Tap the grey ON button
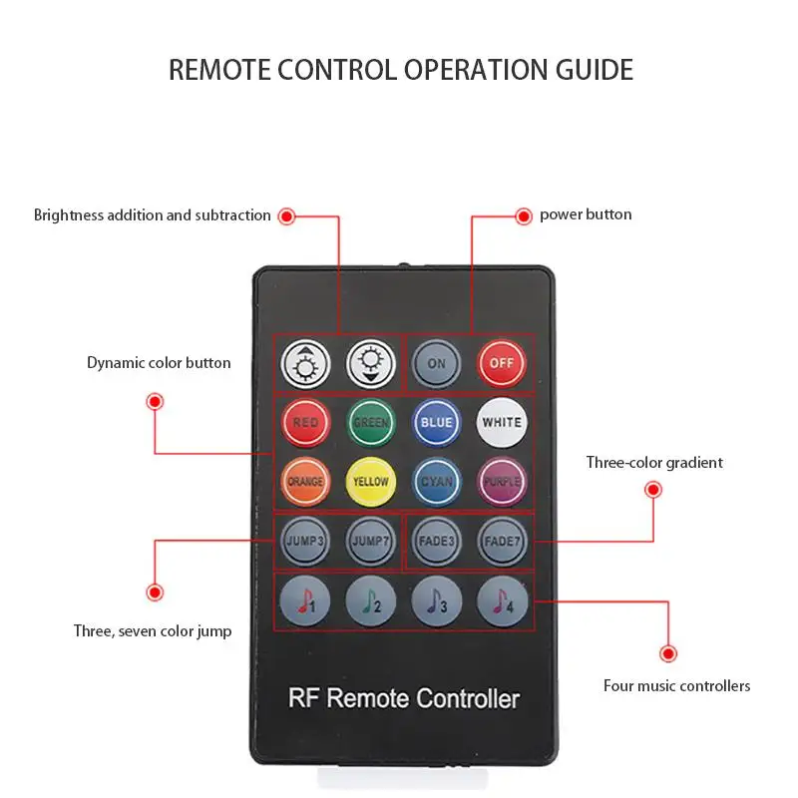point(436,363)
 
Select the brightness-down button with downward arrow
point(370,363)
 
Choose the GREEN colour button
point(370,422)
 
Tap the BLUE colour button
point(436,422)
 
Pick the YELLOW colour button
point(370,481)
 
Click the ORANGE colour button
point(305,481)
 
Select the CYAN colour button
point(436,481)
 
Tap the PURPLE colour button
point(501,481)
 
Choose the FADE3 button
point(436,541)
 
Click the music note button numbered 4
point(501,600)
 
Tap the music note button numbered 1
point(305,600)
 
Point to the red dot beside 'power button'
point(523,215)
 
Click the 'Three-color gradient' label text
point(654,463)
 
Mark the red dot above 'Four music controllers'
point(667,653)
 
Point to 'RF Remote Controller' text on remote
point(404,698)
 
